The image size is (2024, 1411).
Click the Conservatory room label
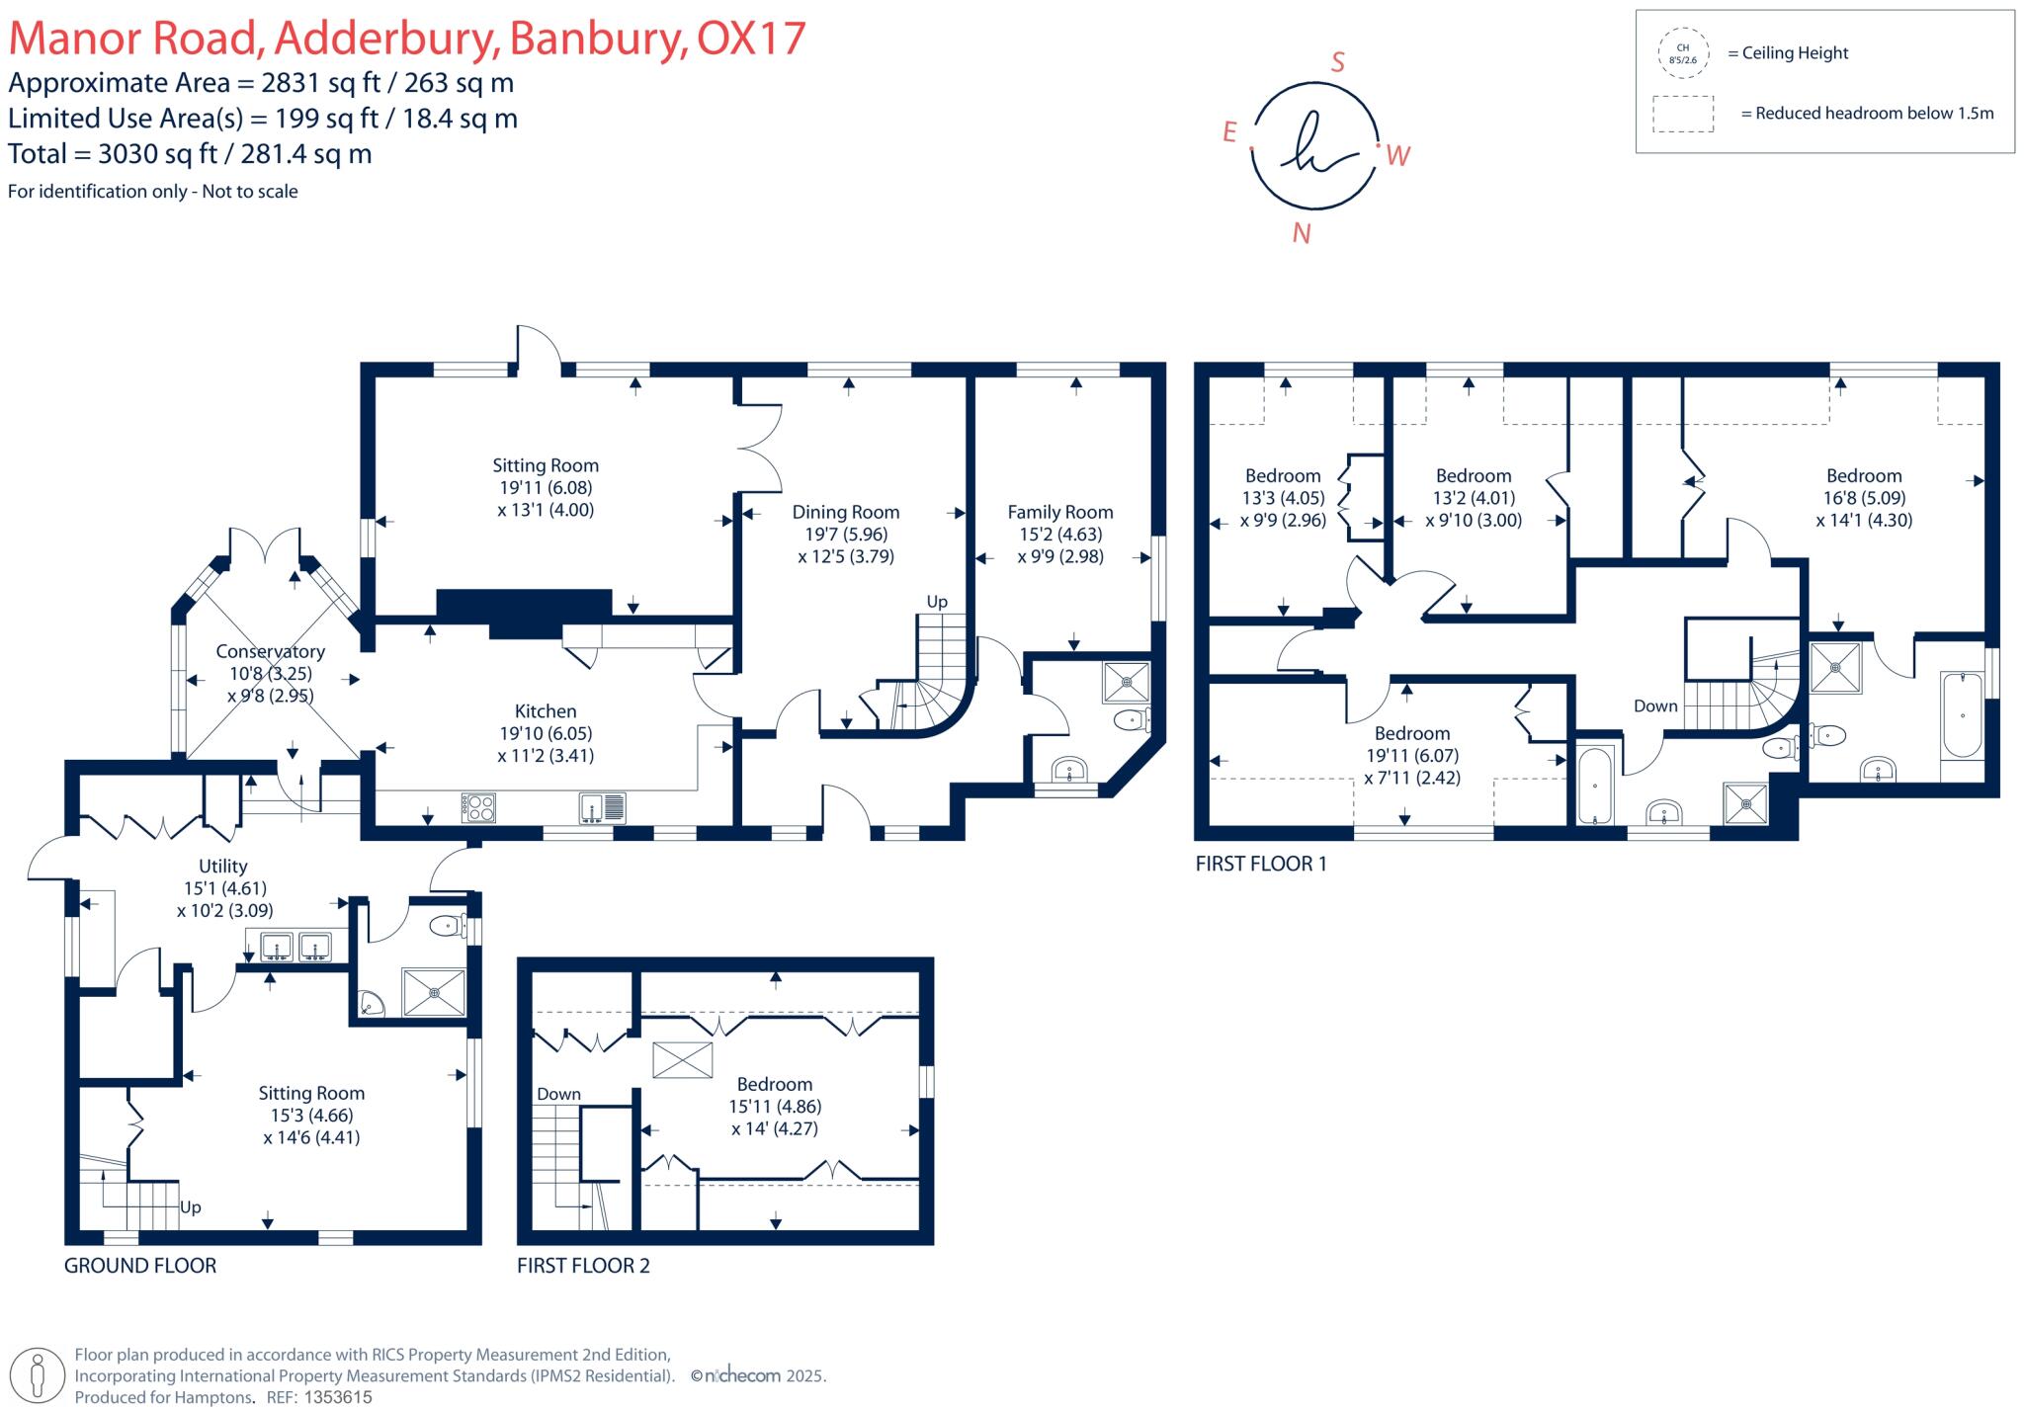click(x=270, y=652)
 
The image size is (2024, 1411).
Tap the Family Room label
click(x=1059, y=512)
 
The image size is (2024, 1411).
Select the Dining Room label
click(x=845, y=512)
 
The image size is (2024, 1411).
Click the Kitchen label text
click(x=545, y=711)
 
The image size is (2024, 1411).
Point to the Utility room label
click(x=222, y=867)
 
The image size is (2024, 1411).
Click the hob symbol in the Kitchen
click(x=478, y=808)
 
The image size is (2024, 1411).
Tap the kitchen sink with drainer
click(x=602, y=808)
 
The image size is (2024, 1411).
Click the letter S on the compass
click(x=1337, y=62)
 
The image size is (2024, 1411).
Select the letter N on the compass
click(x=1302, y=233)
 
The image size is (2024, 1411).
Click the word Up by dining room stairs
click(x=936, y=602)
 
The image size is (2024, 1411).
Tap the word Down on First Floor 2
click(x=558, y=1094)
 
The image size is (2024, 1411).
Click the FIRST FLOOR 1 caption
click(x=1260, y=864)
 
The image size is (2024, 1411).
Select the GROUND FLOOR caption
click(x=139, y=1266)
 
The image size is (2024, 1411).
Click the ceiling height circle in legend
click(x=1682, y=53)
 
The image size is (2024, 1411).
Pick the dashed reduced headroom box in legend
click(x=1682, y=114)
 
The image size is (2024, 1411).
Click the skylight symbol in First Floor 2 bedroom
click(x=682, y=1060)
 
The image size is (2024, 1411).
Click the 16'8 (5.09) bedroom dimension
click(x=1864, y=498)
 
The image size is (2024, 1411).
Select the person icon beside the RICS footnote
click(x=39, y=1375)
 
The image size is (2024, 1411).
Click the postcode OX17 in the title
click(x=751, y=39)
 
